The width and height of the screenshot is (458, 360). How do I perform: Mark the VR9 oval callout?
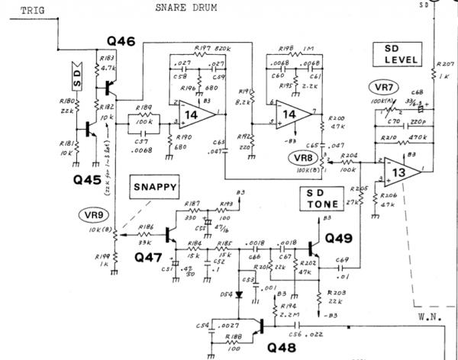click(93, 214)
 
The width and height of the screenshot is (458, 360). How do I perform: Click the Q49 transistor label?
click(339, 238)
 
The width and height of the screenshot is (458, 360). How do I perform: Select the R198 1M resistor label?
click(292, 47)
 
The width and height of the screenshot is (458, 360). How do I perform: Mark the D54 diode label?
click(226, 293)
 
